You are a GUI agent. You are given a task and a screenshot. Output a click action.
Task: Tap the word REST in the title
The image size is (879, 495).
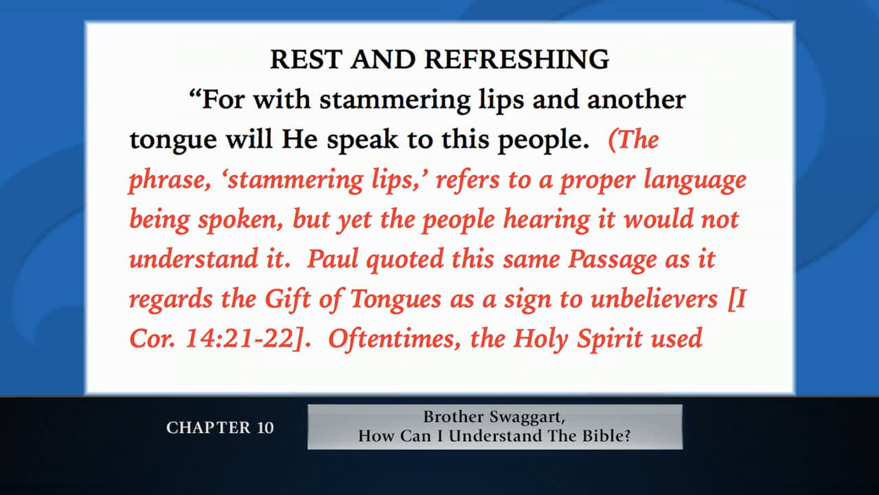click(306, 60)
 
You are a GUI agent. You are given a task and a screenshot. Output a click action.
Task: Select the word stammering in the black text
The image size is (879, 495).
click(395, 100)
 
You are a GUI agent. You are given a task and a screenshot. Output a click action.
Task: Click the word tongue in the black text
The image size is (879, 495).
click(173, 140)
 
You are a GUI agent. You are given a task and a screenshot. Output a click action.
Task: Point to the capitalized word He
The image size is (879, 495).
click(299, 139)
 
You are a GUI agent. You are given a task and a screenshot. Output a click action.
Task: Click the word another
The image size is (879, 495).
click(636, 100)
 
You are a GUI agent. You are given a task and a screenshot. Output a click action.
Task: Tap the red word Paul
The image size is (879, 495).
click(332, 259)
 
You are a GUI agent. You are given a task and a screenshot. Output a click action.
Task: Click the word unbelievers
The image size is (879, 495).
click(654, 299)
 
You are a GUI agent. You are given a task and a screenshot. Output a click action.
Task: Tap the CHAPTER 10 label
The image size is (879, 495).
click(220, 428)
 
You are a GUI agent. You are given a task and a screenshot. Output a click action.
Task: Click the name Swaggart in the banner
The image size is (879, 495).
click(526, 417)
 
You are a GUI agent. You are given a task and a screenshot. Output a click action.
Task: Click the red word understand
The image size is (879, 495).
click(193, 259)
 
